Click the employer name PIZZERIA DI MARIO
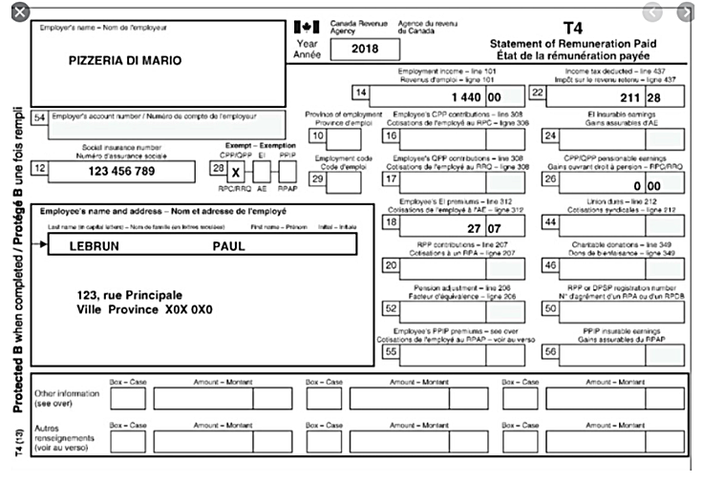[125, 60]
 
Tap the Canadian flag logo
[306, 27]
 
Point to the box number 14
[360, 94]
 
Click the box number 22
[537, 94]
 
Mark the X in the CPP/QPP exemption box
[237, 172]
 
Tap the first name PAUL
[228, 245]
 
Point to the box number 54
[40, 117]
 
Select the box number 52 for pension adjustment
[390, 308]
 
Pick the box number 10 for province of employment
[316, 136]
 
